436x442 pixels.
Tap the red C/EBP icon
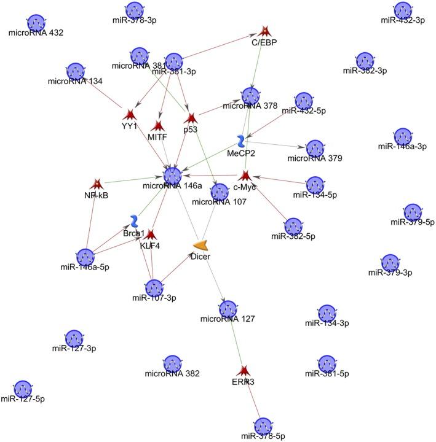point(264,31)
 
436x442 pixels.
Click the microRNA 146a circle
point(173,174)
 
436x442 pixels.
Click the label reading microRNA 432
point(35,33)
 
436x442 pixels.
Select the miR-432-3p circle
point(402,9)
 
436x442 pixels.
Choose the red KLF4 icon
point(149,234)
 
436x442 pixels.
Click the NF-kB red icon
point(97,184)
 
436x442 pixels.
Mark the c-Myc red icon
point(245,176)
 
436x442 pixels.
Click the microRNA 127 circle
point(228,308)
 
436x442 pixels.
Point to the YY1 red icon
point(129,114)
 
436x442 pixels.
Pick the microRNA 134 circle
point(76,71)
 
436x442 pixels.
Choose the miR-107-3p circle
point(154,287)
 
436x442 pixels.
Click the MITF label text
point(158,137)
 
